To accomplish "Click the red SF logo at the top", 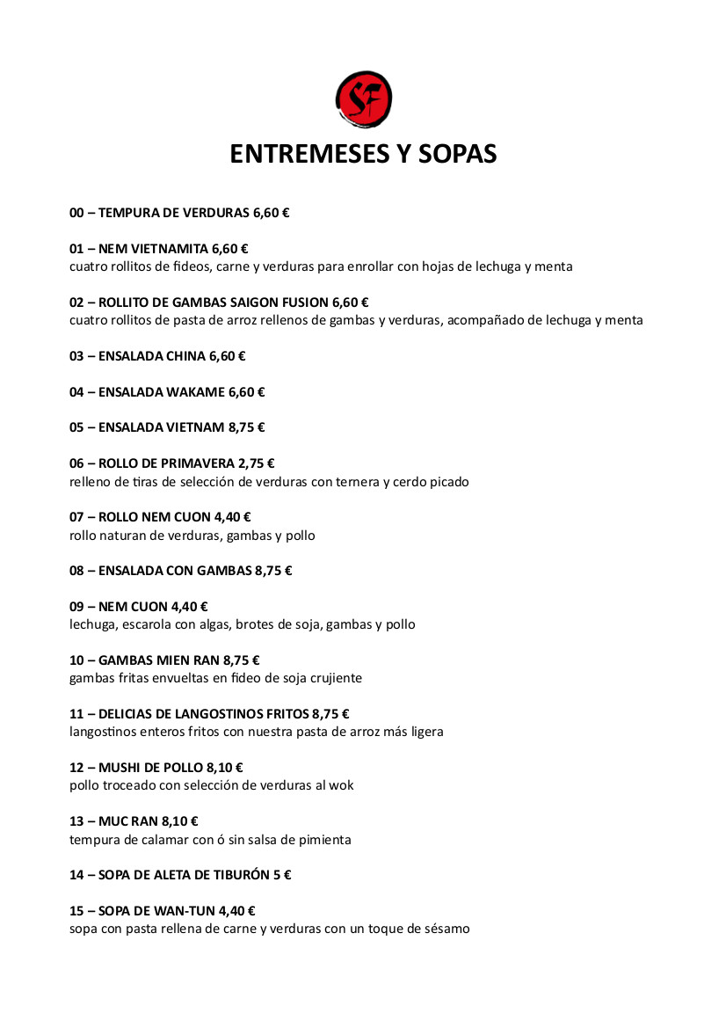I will pos(364,99).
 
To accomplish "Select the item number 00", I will pos(76,213).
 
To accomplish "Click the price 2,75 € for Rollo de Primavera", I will pos(257,463).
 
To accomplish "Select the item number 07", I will pos(76,517).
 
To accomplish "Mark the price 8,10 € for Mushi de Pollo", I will pos(225,768).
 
